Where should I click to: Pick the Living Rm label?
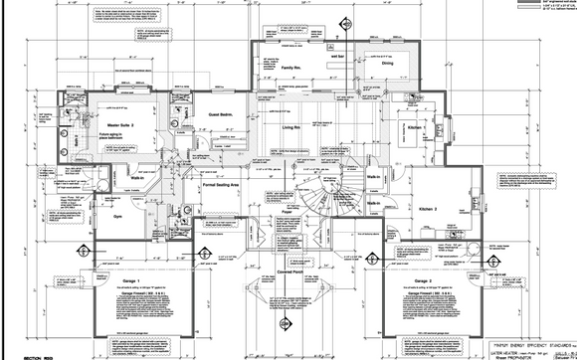289,128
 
